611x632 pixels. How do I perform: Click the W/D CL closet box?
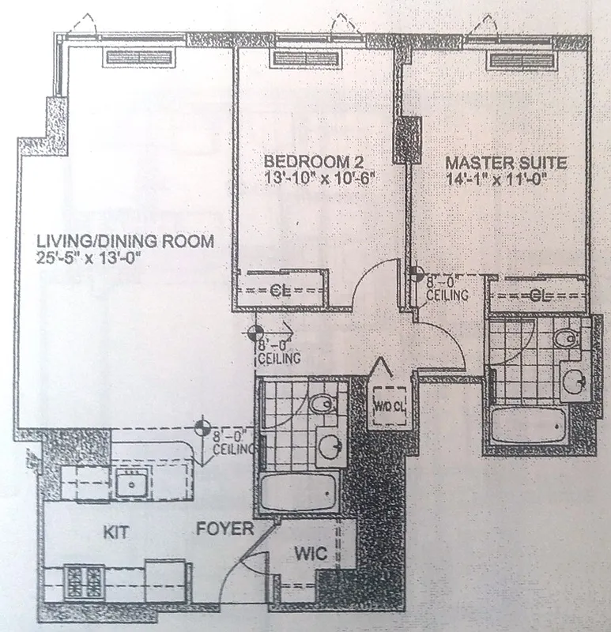point(389,408)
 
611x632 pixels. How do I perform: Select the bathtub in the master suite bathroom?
point(528,427)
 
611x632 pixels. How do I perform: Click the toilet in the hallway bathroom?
point(322,405)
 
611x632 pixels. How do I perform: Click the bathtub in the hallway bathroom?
point(302,493)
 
